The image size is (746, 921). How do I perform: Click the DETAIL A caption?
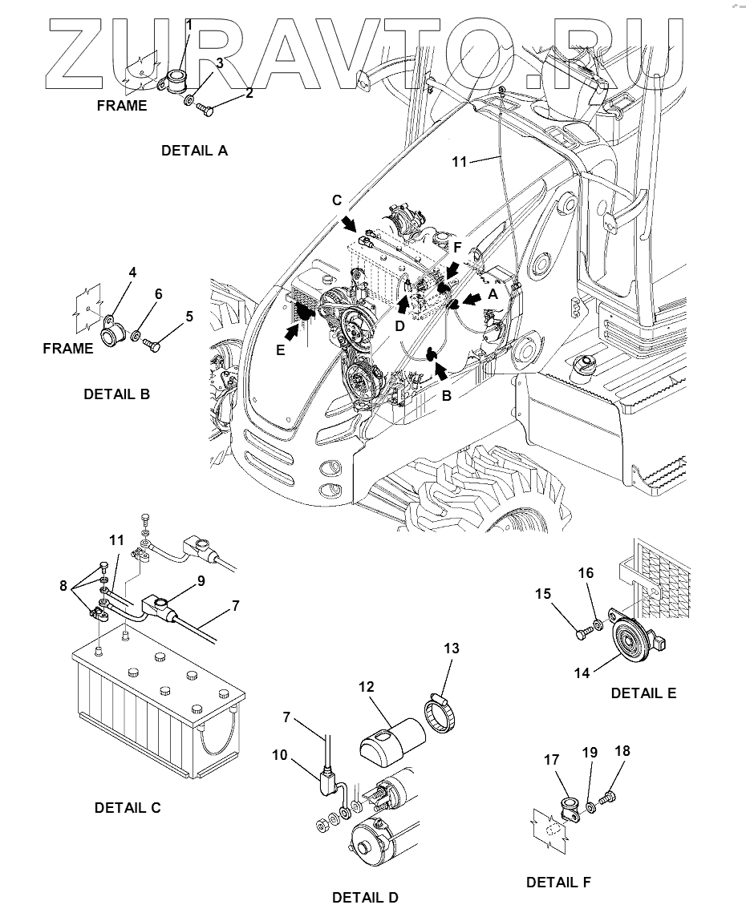click(194, 150)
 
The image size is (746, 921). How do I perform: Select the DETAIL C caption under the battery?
click(128, 808)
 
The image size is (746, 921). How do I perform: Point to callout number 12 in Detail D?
click(367, 687)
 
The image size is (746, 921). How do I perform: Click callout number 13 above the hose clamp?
click(452, 648)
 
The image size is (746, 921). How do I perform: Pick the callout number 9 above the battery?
click(201, 580)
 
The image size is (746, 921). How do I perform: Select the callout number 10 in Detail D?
click(302, 754)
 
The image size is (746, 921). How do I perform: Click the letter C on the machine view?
click(339, 200)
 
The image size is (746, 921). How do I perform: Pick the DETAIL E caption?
click(643, 693)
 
